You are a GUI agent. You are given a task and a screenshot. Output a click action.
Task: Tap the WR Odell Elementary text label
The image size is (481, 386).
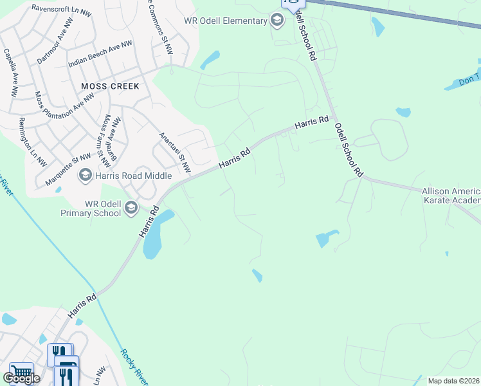pyautogui.click(x=225, y=21)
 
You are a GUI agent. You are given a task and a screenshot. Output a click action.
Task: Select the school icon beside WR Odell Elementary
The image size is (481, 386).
pyautogui.click(x=277, y=21)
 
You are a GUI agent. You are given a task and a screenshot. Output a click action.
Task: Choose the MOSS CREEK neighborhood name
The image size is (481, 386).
pyautogui.click(x=110, y=86)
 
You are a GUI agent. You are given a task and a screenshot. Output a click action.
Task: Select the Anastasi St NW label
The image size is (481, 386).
pyautogui.click(x=176, y=152)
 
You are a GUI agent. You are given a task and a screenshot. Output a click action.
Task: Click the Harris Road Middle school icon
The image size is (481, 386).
pyautogui.click(x=85, y=175)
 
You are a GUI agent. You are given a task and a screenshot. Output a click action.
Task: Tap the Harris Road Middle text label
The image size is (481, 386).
pyautogui.click(x=134, y=176)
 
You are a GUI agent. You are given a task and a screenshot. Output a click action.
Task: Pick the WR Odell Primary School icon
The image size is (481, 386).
pyautogui.click(x=131, y=207)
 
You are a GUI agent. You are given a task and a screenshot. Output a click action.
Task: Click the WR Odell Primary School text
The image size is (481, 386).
pyautogui.click(x=91, y=208)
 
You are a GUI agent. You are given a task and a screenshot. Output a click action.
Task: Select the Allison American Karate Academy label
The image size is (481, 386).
pyautogui.click(x=451, y=196)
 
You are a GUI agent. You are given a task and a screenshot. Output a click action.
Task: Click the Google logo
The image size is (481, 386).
pyautogui.click(x=21, y=378)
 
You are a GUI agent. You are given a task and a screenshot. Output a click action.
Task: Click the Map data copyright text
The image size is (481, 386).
pyautogui.click(x=453, y=381)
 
